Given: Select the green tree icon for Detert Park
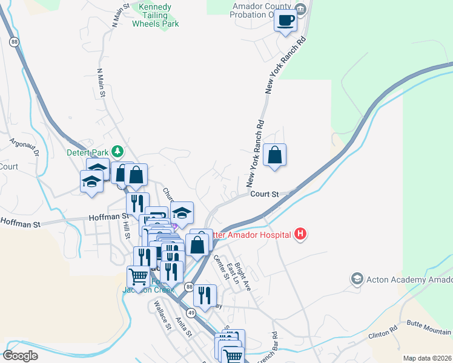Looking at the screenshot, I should coord(119,151).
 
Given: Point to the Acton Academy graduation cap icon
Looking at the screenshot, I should coord(357,278).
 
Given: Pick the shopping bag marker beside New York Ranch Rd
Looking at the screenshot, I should coord(275,155).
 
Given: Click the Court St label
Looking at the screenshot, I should coord(264,195).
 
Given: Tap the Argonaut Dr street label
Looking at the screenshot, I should coord(22,149).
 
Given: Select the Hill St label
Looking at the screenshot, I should coord(126,229).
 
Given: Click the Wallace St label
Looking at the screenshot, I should coord(162,315).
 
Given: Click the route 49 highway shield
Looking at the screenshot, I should coord(191,312).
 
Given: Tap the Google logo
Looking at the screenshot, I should coord(20,356).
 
